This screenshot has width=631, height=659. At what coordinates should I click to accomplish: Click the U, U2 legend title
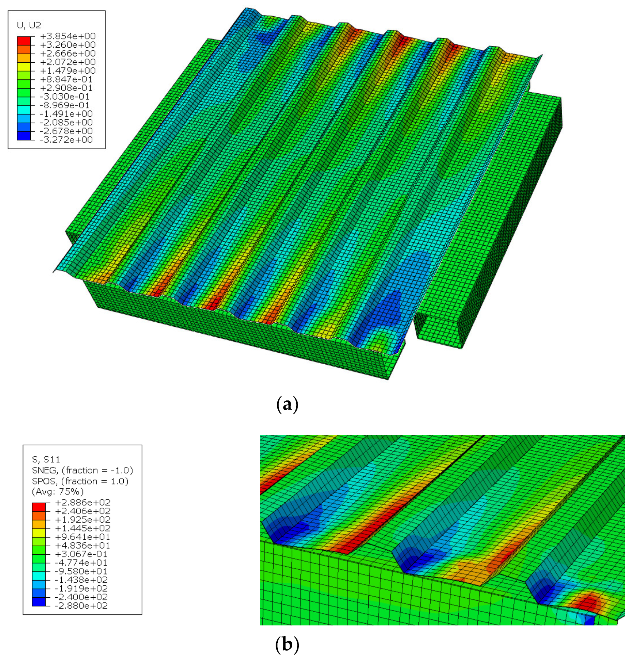tap(29, 25)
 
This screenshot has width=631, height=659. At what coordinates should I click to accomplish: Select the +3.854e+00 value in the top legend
tap(67, 36)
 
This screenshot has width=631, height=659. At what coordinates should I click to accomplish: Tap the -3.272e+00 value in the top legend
tap(66, 140)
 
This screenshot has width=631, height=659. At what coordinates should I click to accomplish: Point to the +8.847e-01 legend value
tap(66, 79)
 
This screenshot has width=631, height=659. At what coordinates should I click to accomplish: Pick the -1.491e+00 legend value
tap(66, 114)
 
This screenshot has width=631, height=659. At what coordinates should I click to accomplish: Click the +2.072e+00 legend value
tap(67, 62)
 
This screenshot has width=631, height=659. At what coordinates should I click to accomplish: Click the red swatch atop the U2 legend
tap(24, 41)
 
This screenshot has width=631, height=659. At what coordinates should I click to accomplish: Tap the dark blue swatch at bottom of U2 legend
tap(24, 136)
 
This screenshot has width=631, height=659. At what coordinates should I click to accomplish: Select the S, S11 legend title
tap(46, 459)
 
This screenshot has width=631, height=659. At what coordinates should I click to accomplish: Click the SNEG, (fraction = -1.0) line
tap(82, 470)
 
